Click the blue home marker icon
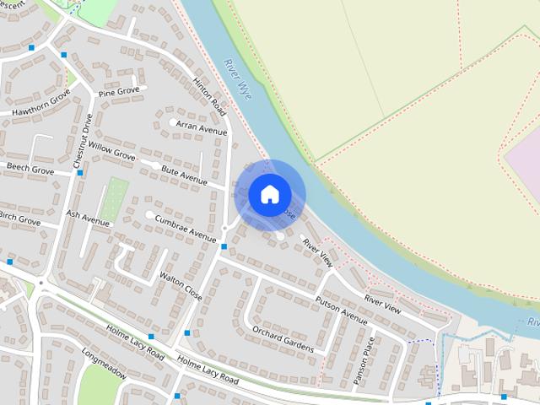pyautogui.click(x=269, y=195)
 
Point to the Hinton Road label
pyautogui.click(x=211, y=96)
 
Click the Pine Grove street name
pyautogui.click(x=118, y=91)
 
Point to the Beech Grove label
pyautogui.click(x=30, y=170)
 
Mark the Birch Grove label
pyautogui.click(x=19, y=221)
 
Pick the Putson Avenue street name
pyautogui.click(x=341, y=310)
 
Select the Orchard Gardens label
pyautogui.click(x=288, y=339)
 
